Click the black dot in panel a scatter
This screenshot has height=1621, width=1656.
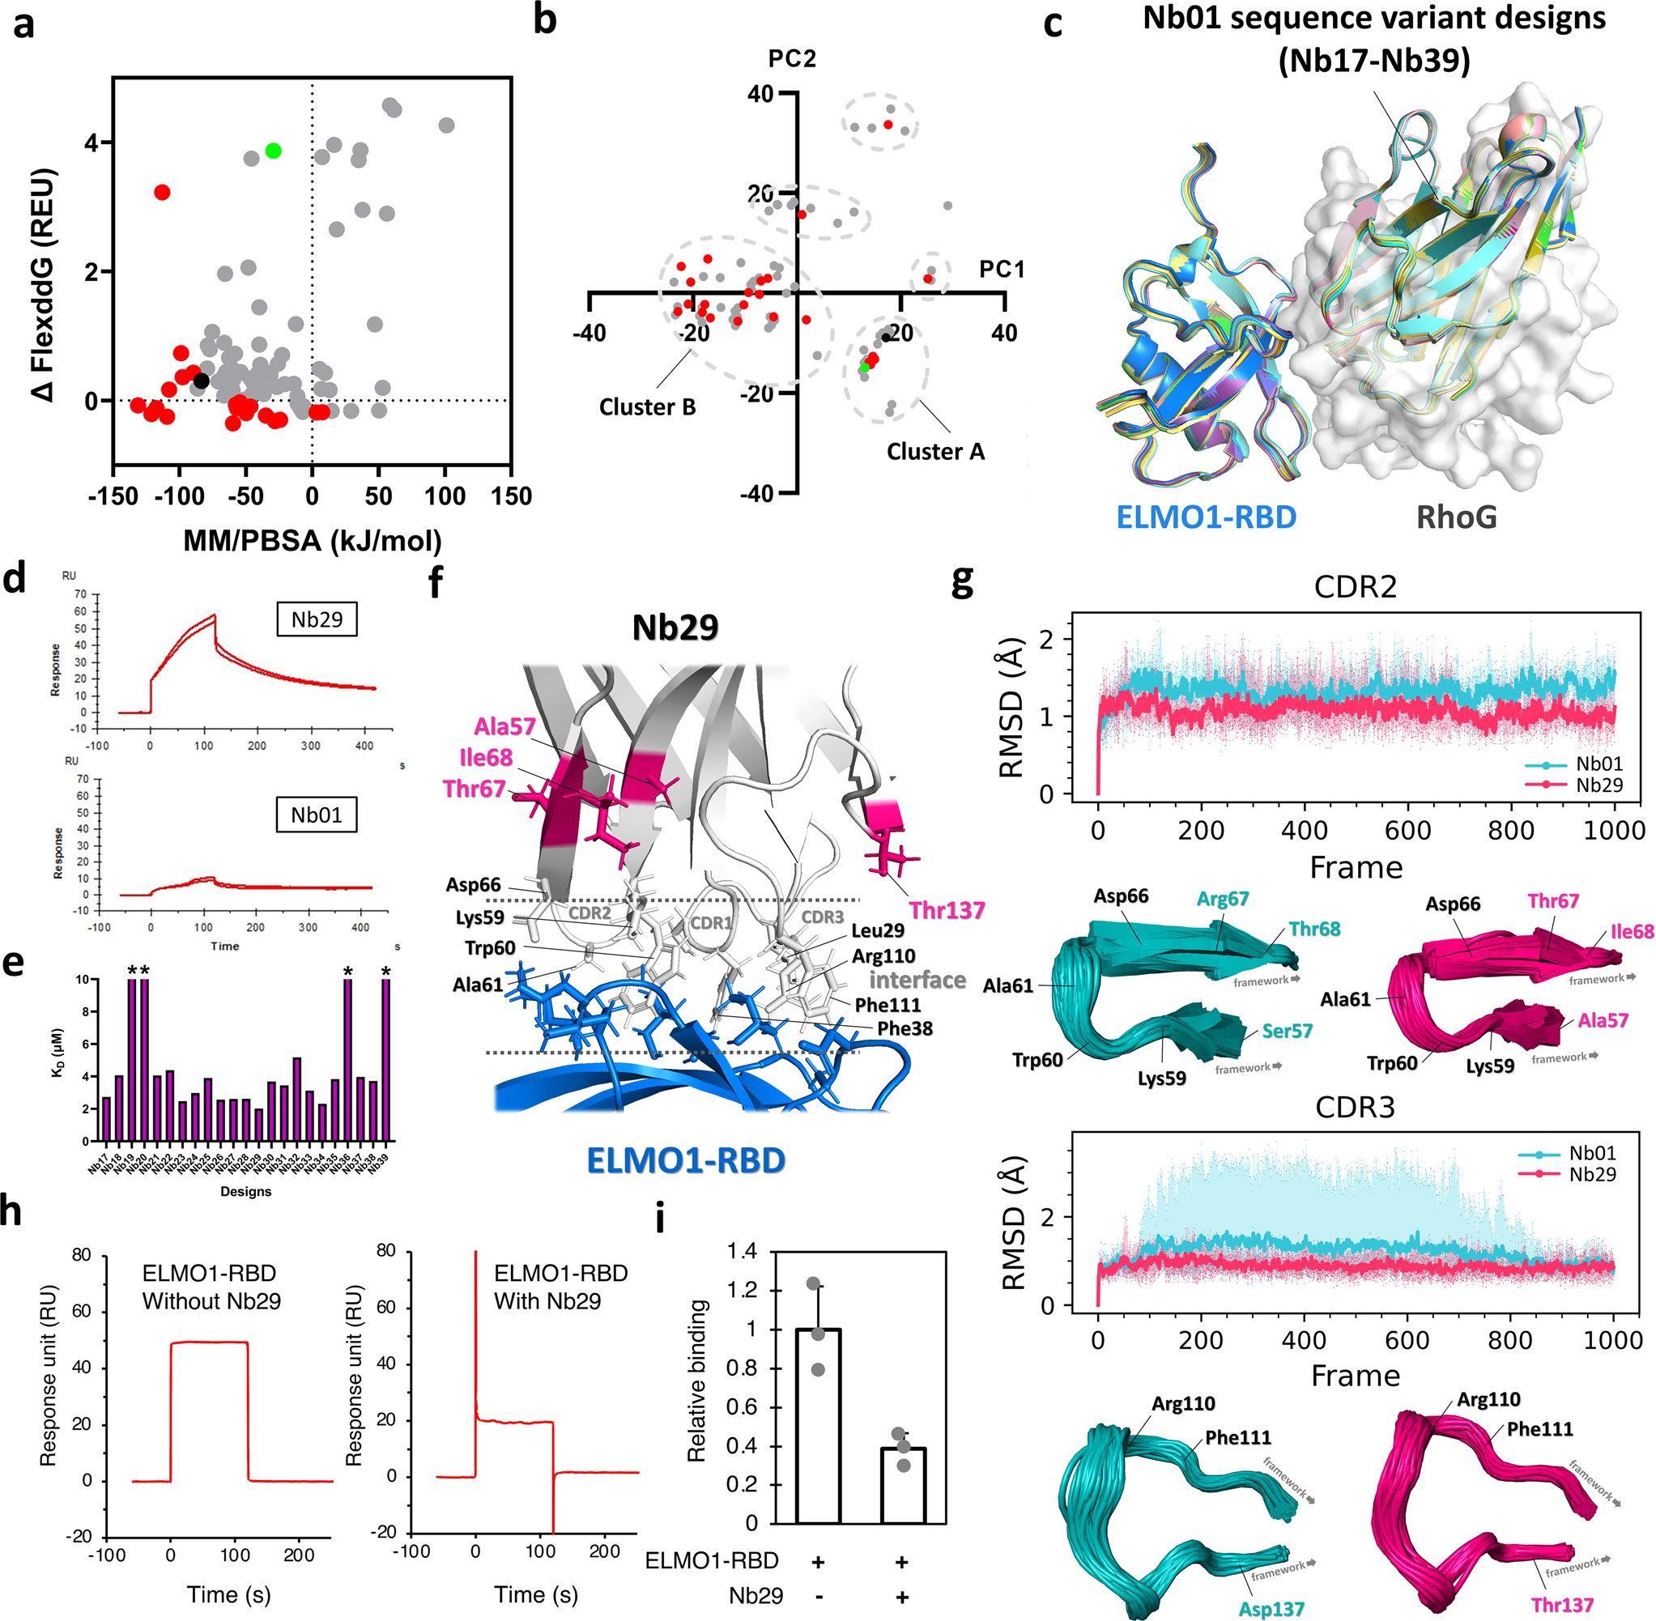coord(201,381)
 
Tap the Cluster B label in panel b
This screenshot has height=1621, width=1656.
coord(647,407)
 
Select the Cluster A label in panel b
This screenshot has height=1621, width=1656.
coord(934,451)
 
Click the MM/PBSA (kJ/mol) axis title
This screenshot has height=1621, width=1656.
coord(313,540)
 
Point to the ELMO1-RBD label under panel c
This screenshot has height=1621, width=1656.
coord(1206,517)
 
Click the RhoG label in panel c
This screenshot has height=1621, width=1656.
coord(1456,517)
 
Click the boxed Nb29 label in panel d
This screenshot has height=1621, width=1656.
coord(317,619)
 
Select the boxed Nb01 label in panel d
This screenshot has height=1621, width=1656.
coord(317,815)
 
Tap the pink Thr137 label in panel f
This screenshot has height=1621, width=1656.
coord(946,910)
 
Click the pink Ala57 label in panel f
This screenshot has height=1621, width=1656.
coord(504,726)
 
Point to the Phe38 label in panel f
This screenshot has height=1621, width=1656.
coord(905,1028)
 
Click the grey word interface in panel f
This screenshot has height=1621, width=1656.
coord(917,980)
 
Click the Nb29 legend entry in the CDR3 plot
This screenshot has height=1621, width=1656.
coord(1591,1174)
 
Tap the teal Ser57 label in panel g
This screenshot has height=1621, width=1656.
coord(1287,1031)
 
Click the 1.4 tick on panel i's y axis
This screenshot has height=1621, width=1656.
coord(742,1251)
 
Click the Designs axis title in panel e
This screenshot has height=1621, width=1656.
coord(245,1191)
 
